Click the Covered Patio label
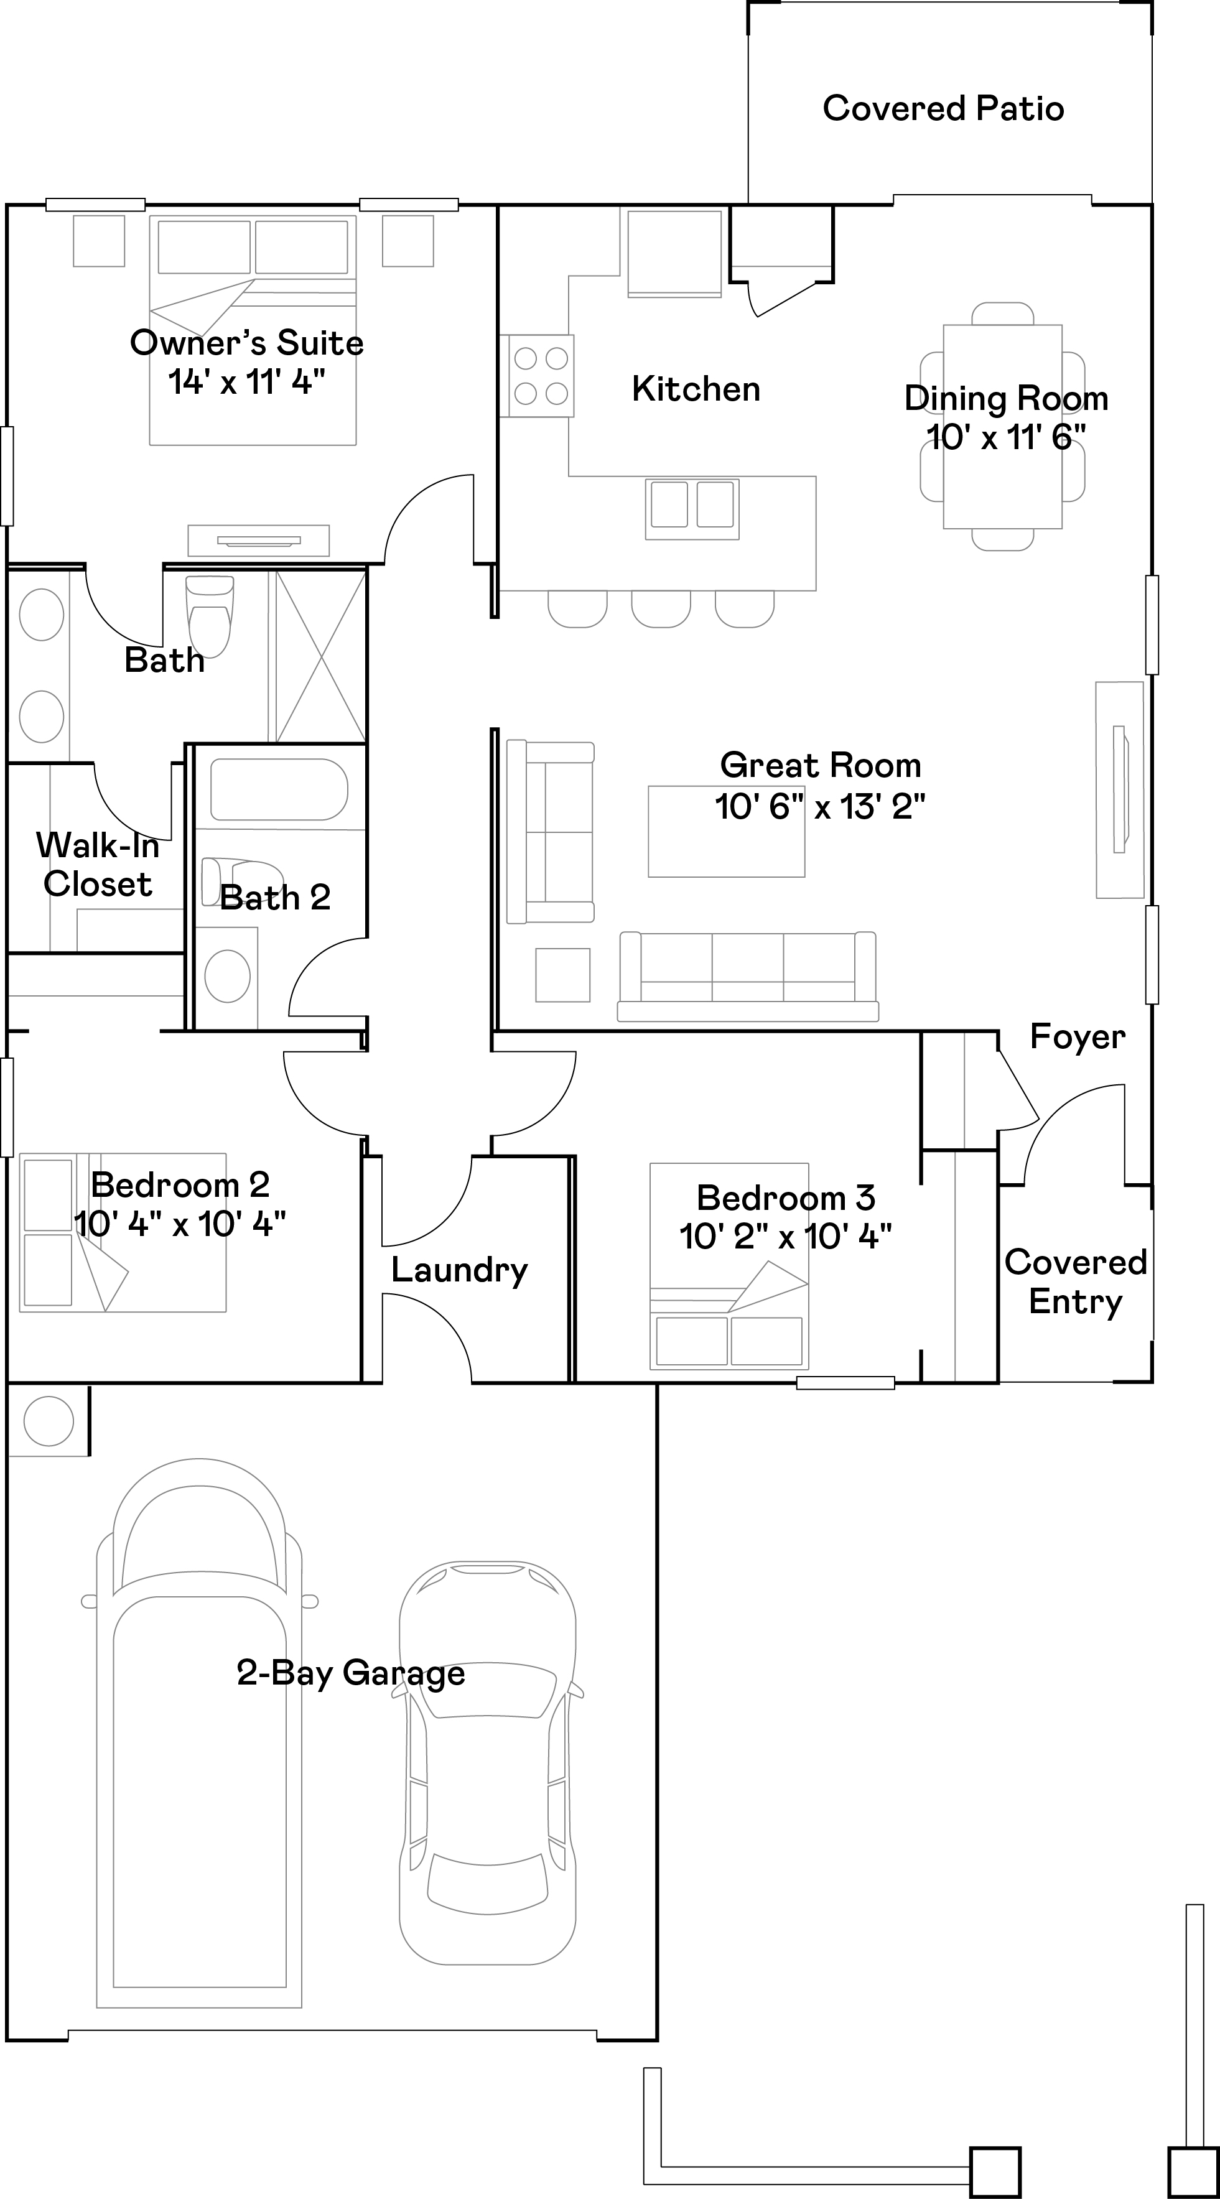tap(943, 108)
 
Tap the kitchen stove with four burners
tap(541, 376)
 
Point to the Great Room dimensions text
tap(819, 806)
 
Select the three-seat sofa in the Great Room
tap(748, 977)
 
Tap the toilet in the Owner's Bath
tap(209, 616)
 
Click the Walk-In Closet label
tap(96, 865)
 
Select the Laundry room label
tap(459, 1270)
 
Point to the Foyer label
tap(1078, 1036)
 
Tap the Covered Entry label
tap(1075, 1281)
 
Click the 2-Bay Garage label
tap(351, 1673)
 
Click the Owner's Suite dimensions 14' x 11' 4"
tap(247, 381)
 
